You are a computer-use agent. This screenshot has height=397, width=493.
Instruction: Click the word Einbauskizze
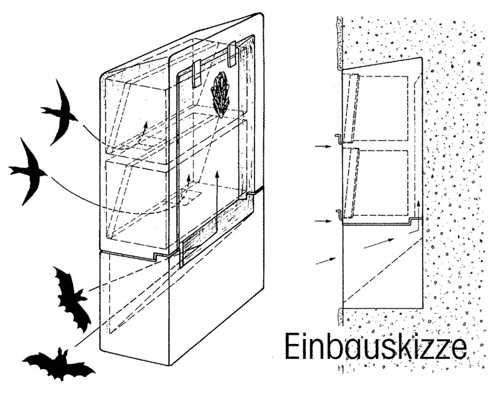click(376, 347)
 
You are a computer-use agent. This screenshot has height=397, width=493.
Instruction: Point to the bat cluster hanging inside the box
click(222, 94)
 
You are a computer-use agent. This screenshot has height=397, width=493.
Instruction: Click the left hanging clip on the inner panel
click(197, 73)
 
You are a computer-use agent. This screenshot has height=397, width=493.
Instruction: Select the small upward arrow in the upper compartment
click(144, 128)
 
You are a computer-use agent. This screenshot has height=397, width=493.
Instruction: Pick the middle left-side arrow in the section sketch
click(323, 221)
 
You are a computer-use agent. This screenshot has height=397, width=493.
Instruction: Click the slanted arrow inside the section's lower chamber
click(379, 244)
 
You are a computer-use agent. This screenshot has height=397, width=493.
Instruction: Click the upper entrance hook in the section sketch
click(338, 140)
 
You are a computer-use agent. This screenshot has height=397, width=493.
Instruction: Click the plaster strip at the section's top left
click(340, 43)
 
